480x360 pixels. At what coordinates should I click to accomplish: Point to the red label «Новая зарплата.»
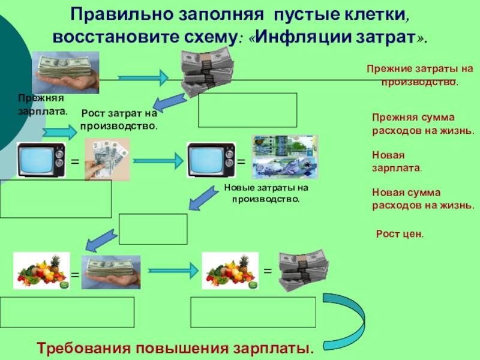[396, 162]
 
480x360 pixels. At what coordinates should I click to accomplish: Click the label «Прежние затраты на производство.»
[420, 76]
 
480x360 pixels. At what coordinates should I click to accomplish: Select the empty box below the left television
[56, 199]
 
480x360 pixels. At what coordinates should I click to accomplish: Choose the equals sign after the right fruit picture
[268, 271]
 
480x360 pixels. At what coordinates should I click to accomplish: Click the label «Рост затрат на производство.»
[119, 120]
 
